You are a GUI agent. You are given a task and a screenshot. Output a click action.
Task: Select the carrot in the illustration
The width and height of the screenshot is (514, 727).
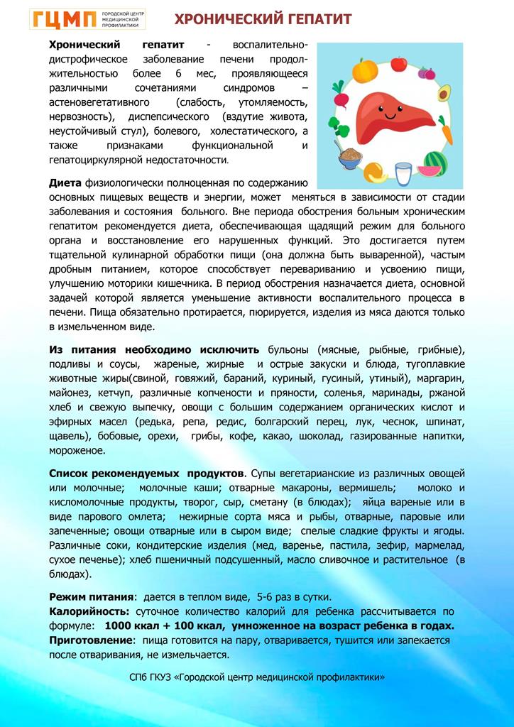[447, 131]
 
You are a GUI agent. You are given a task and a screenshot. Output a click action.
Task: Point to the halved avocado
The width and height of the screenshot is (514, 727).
[444, 93]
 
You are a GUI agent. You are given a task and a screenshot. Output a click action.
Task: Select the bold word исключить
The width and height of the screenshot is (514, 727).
[235, 350]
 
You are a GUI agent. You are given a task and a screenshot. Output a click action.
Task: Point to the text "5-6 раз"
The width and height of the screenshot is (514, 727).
[278, 596]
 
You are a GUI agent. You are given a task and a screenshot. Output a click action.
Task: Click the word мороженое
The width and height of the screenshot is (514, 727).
[77, 450]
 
